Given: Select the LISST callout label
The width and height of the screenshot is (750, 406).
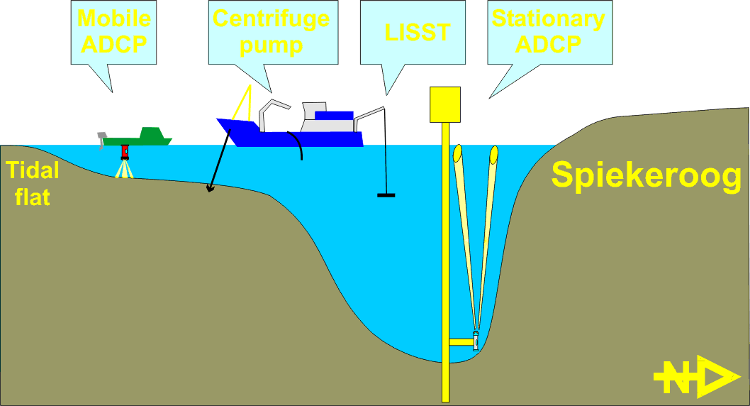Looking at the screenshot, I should coord(417,33).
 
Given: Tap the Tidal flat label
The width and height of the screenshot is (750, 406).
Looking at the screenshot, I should coord(33,183).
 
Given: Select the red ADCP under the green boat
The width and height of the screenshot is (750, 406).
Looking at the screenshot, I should coord(125,151).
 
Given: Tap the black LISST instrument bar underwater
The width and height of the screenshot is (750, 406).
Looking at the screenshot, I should coord(386,194).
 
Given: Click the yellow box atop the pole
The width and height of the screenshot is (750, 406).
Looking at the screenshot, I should coord(445,104).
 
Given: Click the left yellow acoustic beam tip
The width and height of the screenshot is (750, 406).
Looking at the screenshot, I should coord(458,152).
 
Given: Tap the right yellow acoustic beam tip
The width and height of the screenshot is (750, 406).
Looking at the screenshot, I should coord(493,153).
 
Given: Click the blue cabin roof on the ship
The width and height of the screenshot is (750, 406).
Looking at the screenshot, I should coord(333,115).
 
